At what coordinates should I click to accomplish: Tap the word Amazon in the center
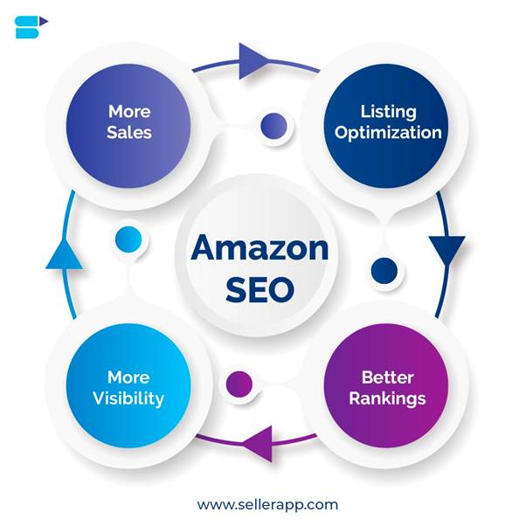[x=260, y=247]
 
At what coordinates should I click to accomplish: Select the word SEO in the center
[x=260, y=290]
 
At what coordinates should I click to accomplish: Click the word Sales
[x=129, y=133]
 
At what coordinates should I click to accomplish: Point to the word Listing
[x=388, y=113]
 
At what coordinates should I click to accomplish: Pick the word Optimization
[x=388, y=134]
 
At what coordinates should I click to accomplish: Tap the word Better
[x=387, y=377]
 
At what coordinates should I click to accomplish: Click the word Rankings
[x=387, y=398]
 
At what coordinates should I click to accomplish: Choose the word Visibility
[x=129, y=398]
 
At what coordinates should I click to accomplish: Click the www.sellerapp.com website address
[x=267, y=504]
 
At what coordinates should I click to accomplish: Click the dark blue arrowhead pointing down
[x=446, y=250]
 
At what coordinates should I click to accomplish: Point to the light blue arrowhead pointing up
[x=64, y=253]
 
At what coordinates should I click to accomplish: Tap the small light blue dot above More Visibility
[x=128, y=239]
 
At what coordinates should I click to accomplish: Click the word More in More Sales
[x=129, y=112]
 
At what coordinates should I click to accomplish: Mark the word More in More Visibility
[x=128, y=377]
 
